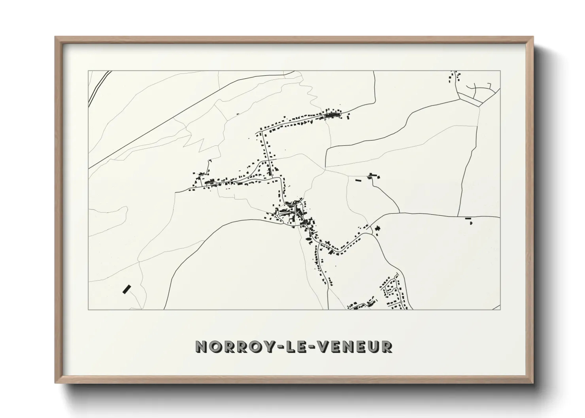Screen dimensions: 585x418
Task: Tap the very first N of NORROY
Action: [x=202, y=346]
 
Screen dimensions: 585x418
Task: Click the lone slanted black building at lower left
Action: [x=126, y=289]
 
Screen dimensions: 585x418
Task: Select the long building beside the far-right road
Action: [x=468, y=218]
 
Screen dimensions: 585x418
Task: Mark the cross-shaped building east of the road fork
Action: [x=377, y=228]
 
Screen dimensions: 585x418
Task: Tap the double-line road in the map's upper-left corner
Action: [x=97, y=88]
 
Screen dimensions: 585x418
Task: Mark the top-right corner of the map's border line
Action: [x=500, y=71]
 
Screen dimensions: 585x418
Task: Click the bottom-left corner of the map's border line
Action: [x=88, y=309]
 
